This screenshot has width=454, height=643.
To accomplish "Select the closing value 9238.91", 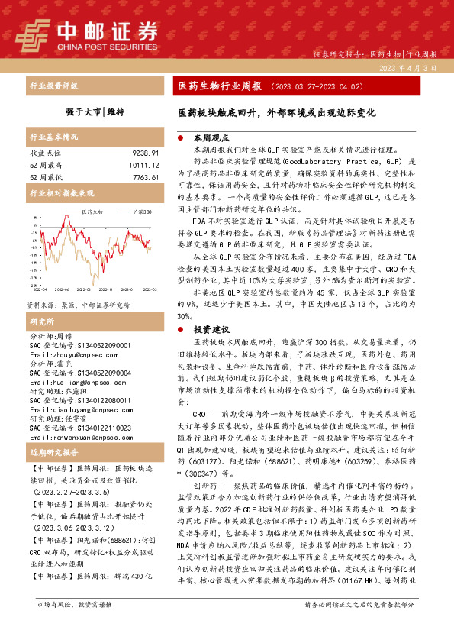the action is pos(143,153).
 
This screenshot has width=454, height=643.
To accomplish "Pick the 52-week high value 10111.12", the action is pos(141,165).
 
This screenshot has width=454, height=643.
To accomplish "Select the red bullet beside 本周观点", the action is pos(179,138).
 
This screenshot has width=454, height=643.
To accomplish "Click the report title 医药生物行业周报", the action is pos(220,86).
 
